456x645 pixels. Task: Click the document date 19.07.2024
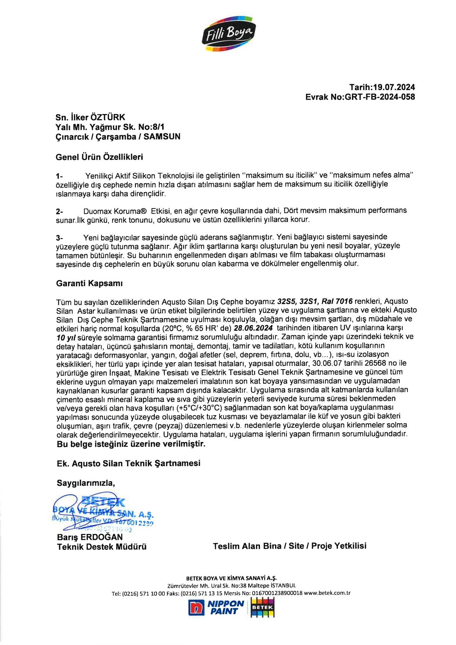click(394, 87)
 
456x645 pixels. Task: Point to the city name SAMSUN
click(162, 136)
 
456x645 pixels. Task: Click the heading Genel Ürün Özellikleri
click(99, 157)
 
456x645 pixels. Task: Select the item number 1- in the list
click(59, 176)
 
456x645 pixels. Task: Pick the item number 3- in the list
click(59, 238)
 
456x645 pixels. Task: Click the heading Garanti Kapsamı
click(89, 283)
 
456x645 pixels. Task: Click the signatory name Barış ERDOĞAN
click(90, 537)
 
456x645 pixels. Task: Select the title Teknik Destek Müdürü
click(101, 547)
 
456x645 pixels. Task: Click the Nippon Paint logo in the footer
click(217, 607)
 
